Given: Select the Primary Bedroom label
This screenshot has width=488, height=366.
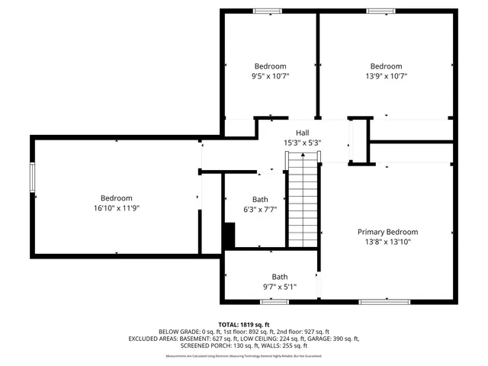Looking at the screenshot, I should [387, 232].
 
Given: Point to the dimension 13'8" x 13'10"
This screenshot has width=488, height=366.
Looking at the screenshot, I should [387, 242].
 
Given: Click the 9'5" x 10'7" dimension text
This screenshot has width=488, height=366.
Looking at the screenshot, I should [270, 76].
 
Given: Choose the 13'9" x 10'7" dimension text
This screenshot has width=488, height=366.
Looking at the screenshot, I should [386, 76].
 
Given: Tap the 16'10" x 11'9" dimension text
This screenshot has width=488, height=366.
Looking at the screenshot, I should [117, 208].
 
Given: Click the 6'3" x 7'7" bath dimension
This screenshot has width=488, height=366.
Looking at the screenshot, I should [259, 210].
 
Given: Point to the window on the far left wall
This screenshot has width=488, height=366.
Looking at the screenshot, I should [33, 178].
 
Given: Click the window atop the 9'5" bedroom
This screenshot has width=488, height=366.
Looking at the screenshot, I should [267, 11].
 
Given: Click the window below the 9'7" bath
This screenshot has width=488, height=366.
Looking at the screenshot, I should [274, 302].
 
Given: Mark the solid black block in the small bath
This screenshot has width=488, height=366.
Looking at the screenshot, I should [229, 235].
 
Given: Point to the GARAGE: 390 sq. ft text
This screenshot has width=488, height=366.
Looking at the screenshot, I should [333, 339].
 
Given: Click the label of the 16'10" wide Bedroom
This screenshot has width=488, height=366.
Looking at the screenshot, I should [117, 198].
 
